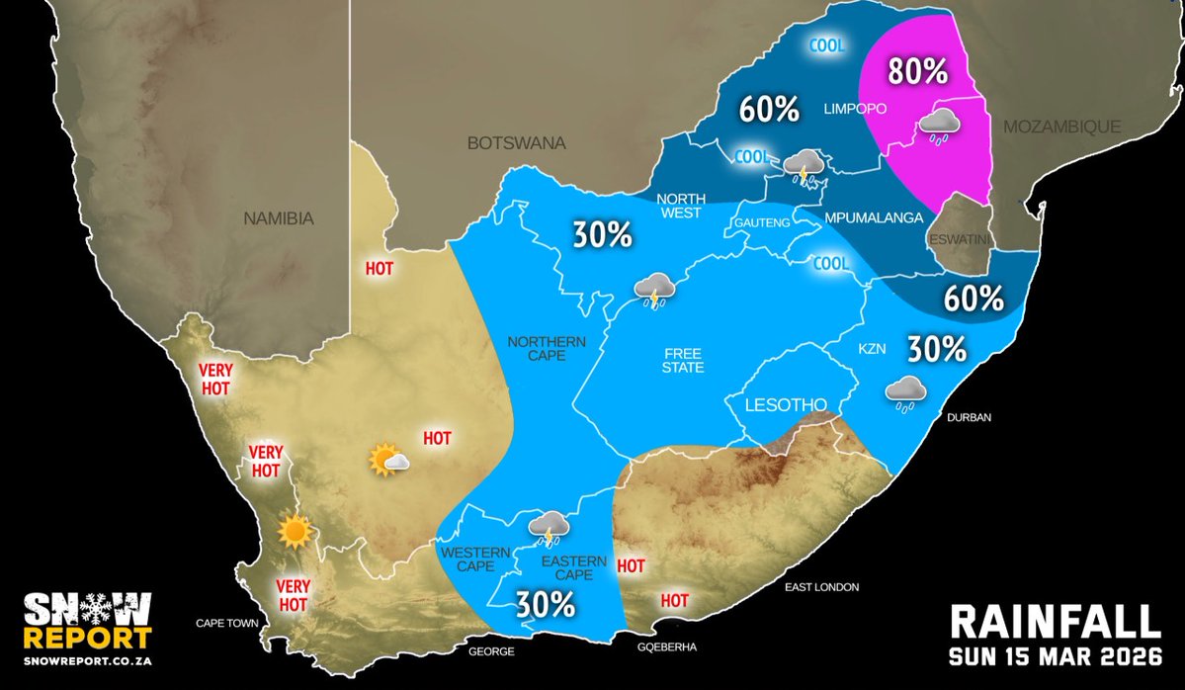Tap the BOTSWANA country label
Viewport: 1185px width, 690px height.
click(x=516, y=143)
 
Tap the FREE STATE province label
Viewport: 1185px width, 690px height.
click(x=683, y=360)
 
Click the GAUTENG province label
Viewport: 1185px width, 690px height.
click(x=762, y=223)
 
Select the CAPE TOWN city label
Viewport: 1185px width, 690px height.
click(x=227, y=624)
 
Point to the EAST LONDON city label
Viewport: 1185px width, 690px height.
click(x=822, y=587)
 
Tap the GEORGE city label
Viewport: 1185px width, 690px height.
click(x=490, y=651)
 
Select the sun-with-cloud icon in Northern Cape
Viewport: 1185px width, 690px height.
click(x=388, y=460)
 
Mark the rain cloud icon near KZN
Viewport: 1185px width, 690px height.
click(x=905, y=392)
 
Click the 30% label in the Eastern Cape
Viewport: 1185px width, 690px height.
click(x=545, y=604)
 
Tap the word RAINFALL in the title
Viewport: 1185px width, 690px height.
click(x=1055, y=622)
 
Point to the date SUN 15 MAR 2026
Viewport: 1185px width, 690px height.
click(x=1055, y=656)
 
